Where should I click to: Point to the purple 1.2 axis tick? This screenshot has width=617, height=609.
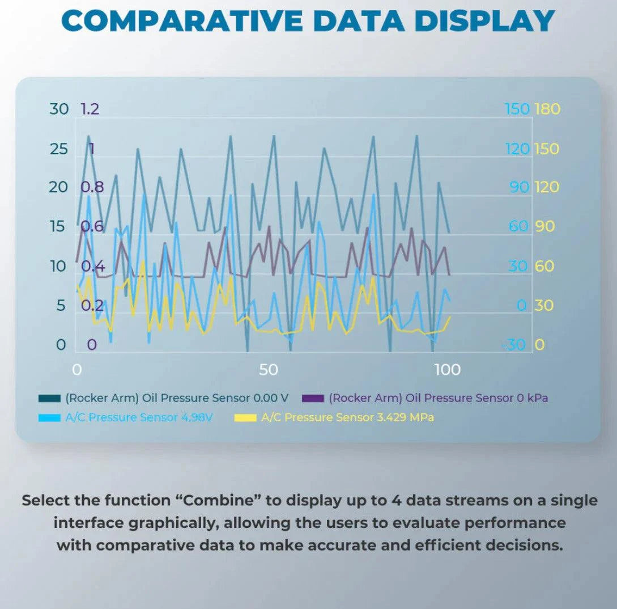(90, 109)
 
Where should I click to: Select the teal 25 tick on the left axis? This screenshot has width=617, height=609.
(58, 150)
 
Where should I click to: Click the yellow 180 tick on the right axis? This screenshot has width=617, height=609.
(547, 109)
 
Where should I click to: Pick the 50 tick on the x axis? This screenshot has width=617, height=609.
(268, 370)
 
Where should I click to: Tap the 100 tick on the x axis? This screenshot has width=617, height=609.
(447, 370)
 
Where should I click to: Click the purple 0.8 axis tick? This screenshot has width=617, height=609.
(92, 187)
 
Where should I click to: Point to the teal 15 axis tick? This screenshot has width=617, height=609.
(58, 227)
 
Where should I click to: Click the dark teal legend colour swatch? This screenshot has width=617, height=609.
(49, 399)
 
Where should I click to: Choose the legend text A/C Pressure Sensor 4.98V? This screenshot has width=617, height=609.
(139, 418)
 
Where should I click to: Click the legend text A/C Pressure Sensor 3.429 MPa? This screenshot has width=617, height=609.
(347, 418)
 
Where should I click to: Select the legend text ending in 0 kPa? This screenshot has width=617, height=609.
(439, 398)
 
